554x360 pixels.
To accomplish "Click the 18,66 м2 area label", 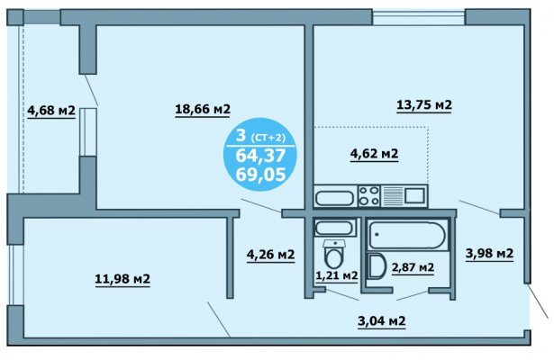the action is tap(203, 109).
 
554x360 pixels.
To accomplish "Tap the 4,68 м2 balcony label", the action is tap(51, 111).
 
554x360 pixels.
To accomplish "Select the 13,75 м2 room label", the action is tap(424, 104).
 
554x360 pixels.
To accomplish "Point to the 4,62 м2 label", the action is tap(374, 154).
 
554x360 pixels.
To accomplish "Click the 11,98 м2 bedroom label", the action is tap(123, 279).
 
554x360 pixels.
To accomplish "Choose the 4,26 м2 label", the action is tap(270, 254).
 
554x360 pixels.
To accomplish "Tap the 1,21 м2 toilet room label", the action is tap(337, 275).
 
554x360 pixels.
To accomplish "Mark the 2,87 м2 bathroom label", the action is tap(413, 267).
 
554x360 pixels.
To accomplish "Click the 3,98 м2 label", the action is tap(489, 253).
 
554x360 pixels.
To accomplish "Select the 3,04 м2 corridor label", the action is tap(382, 321).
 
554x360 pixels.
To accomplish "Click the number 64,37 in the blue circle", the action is tap(260, 156).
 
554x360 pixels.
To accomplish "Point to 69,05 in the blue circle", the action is tap(260, 175).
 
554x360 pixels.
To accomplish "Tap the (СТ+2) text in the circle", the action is tap(268, 138).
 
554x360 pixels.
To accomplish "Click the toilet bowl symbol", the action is tap(333, 253).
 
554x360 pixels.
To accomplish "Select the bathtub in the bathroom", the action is tap(407, 236).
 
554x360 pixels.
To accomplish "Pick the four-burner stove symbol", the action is tap(368, 196).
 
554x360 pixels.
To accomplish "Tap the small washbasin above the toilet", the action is tap(335, 228).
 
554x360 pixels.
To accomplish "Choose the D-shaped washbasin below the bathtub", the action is tap(377, 266).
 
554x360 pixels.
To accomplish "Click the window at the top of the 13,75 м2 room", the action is tap(418, 17).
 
